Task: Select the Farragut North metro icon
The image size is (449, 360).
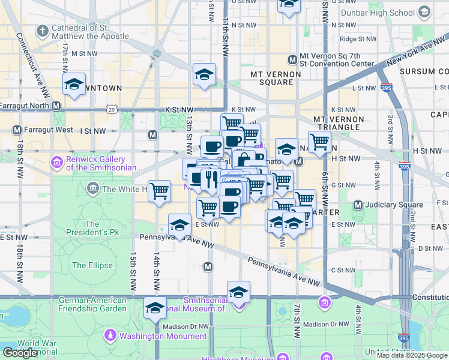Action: (56, 106)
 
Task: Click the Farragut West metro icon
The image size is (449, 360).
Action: (17, 130)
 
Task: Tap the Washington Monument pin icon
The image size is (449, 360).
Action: (110, 334)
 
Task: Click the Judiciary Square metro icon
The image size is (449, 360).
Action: (358, 205)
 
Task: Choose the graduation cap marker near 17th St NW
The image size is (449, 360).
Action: (74, 85)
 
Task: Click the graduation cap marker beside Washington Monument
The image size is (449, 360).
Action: (155, 308)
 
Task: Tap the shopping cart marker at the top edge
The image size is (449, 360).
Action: (289, 5)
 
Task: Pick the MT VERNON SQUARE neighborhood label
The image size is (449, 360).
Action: (271, 78)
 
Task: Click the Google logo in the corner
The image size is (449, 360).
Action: (20, 352)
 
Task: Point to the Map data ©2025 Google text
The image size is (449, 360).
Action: (412, 355)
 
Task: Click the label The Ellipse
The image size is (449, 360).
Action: (92, 265)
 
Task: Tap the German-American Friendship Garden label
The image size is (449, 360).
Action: (93, 304)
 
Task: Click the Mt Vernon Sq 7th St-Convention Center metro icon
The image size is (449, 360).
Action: (292, 59)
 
